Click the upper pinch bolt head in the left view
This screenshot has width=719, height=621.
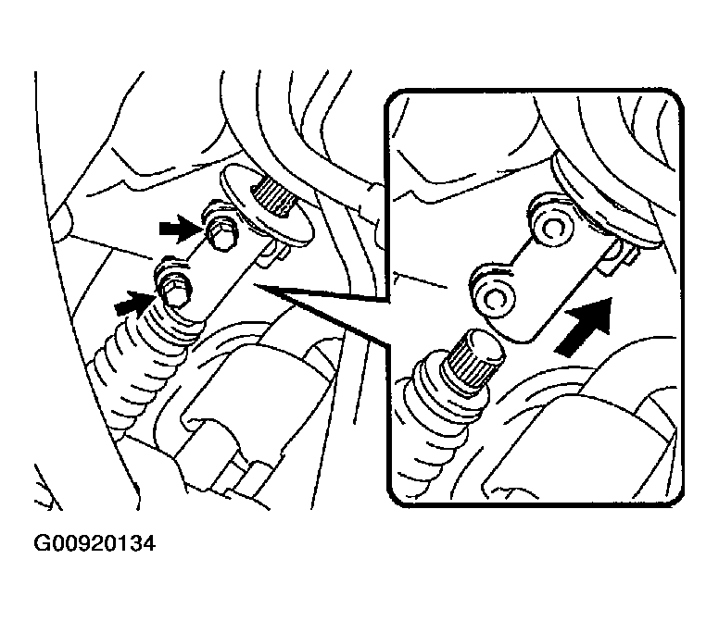221,236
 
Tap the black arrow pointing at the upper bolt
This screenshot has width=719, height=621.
180,229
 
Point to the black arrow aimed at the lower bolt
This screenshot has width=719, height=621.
134,304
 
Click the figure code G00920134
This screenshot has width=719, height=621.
95,544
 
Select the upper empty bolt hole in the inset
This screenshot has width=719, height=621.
552,228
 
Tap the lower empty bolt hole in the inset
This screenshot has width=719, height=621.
494,300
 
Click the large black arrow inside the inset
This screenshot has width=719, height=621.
585,326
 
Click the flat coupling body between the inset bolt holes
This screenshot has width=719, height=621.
540,283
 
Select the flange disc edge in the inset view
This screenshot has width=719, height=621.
600,202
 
